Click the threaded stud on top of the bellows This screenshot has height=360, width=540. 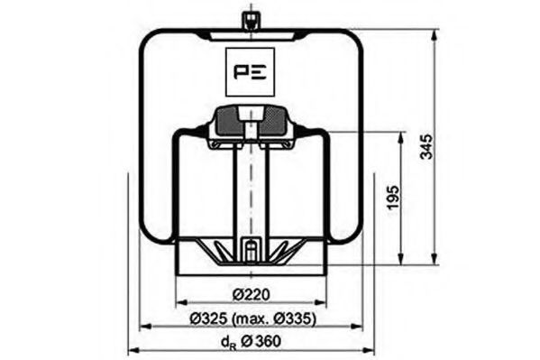(x=248, y=20)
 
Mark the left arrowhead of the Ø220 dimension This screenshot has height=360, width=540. (x=180, y=304)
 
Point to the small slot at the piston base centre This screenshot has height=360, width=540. (x=249, y=249)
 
